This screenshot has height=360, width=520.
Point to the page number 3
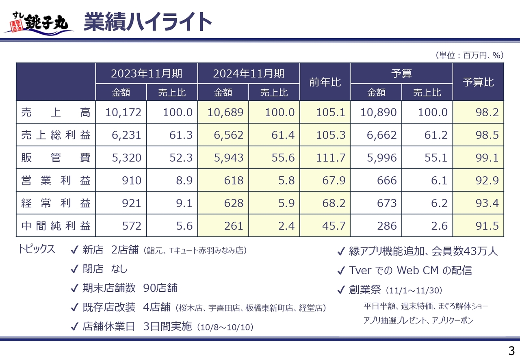pos(511,351)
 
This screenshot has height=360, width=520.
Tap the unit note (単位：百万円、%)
pos(469,55)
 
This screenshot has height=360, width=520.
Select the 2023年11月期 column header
pos(147,74)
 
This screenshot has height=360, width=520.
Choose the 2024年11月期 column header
pos(249,74)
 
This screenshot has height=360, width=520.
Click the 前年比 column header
pos(325,82)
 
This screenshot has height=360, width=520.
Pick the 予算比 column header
pos(478,82)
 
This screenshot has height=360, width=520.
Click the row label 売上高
pos(56,112)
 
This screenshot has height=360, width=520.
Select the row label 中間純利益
pos(56,226)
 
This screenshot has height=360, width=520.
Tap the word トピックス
pos(37,249)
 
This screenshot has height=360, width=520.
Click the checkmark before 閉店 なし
pos(74,269)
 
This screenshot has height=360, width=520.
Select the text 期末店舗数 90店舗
pos(130,288)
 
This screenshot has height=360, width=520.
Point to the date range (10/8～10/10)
pos(225,327)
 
